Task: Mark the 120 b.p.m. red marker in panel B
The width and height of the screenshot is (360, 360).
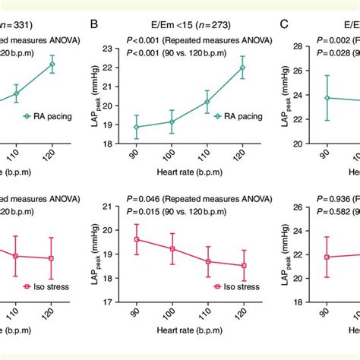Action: click(243, 265)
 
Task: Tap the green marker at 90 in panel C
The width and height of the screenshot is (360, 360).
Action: click(328, 98)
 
